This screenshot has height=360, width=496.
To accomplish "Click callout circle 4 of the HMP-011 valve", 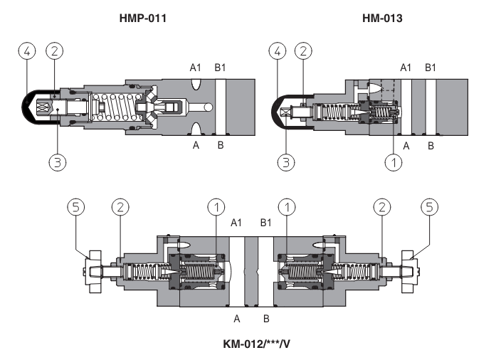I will [x=26, y=51].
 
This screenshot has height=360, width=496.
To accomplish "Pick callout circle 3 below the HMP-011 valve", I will [x=57, y=162].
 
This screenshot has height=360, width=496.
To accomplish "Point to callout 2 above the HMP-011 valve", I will [x=56, y=51].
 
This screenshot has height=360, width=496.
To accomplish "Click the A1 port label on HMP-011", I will [x=196, y=69].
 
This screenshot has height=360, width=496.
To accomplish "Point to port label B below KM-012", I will [x=267, y=318].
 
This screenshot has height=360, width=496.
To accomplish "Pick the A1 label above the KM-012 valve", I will [x=237, y=223].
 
